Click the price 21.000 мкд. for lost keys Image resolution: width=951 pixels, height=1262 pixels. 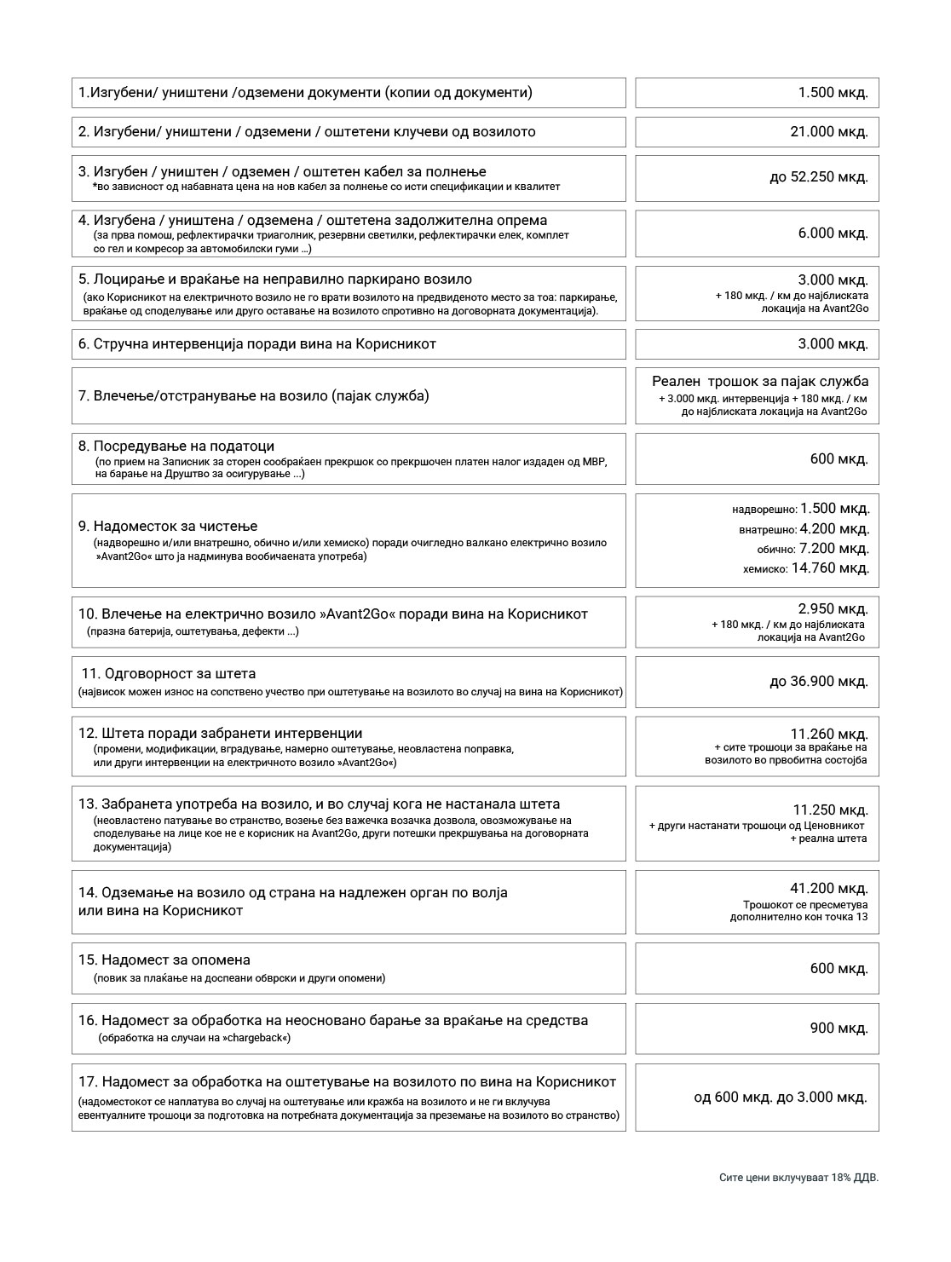[x=829, y=132]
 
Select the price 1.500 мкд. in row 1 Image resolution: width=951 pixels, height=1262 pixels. [x=833, y=93]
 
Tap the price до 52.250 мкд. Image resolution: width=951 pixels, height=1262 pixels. [x=818, y=177]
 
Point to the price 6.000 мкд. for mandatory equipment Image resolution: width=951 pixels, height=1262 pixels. [x=833, y=233]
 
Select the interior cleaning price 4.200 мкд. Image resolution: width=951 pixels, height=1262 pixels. [x=834, y=529]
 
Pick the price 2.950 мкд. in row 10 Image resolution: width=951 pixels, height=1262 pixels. [x=833, y=609]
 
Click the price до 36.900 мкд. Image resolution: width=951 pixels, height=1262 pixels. [x=818, y=682]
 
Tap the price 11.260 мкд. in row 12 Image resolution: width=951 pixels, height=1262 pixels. [x=829, y=734]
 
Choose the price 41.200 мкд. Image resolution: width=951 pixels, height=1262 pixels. [x=829, y=889]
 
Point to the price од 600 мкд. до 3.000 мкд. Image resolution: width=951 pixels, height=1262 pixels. [x=781, y=1097]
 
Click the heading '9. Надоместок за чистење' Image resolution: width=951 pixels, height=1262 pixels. [x=168, y=527]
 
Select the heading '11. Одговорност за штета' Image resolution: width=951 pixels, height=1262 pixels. [x=168, y=674]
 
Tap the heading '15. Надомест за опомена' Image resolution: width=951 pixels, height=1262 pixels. [x=164, y=960]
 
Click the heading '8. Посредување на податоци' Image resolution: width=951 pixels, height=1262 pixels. [x=176, y=447]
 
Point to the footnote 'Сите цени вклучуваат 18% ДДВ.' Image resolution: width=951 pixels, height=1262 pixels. [x=798, y=1178]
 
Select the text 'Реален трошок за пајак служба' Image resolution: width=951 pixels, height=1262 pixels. [x=760, y=382]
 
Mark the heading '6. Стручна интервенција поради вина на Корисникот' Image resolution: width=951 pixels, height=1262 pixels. [x=257, y=344]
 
